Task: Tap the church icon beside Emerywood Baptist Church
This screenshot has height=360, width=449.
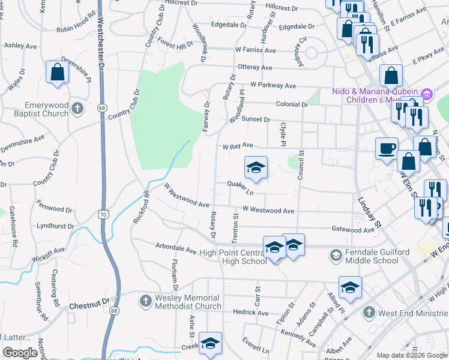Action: click(76, 109)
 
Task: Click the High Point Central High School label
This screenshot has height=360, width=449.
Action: click(234, 257)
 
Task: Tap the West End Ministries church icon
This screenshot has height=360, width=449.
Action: click(369, 313)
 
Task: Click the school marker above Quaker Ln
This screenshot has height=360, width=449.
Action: click(256, 168)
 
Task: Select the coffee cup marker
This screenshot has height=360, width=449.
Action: click(387, 148)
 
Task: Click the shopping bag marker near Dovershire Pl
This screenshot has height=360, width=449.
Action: click(58, 73)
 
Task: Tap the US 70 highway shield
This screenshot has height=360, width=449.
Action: click(104, 214)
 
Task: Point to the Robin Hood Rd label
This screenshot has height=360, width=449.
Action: click(76, 29)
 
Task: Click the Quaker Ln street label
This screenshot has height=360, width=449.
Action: click(241, 188)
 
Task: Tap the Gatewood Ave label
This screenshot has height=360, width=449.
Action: click(352, 229)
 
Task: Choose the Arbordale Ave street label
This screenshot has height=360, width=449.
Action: click(176, 247)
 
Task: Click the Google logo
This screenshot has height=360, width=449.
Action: click(19, 353)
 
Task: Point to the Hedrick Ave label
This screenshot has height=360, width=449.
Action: click(251, 312)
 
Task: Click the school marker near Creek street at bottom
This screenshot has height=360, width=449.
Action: click(210, 344)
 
